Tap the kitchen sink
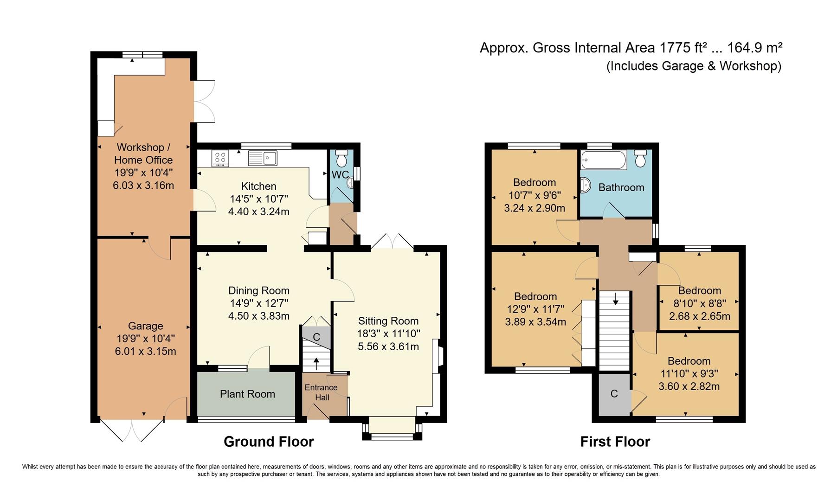263,158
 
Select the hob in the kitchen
220,158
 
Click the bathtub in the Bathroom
603,160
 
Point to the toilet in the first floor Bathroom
640,159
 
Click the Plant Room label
247,394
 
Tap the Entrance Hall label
321,392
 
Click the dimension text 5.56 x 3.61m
388,347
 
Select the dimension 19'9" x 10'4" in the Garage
145,339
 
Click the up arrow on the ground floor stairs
316,363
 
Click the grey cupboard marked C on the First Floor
614,394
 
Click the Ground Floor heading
269,442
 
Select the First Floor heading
615,442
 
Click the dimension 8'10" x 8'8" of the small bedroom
699,303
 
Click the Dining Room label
258,291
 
